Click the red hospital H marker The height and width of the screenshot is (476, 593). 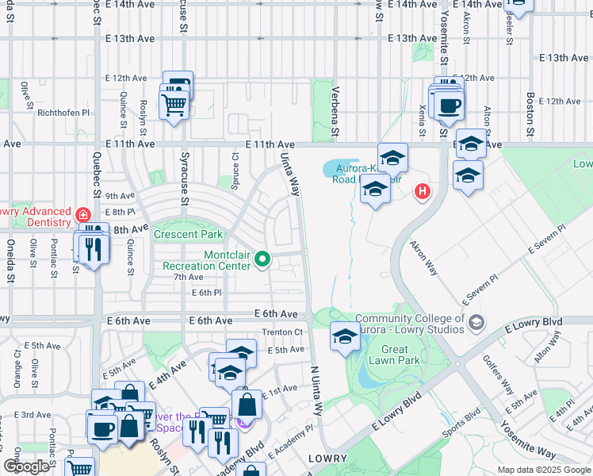[423, 191]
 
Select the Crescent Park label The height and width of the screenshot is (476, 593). [188, 235]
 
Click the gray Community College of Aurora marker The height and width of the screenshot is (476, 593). [475, 322]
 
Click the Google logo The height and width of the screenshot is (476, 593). [26, 466]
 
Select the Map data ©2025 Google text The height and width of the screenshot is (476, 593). [544, 470]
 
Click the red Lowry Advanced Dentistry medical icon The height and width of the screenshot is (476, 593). [82, 215]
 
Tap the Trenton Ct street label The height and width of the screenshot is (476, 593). [282, 332]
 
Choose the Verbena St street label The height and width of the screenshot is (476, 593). [335, 111]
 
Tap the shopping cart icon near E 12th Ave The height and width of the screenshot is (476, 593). [174, 104]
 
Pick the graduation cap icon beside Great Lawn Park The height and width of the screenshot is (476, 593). [345, 337]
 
